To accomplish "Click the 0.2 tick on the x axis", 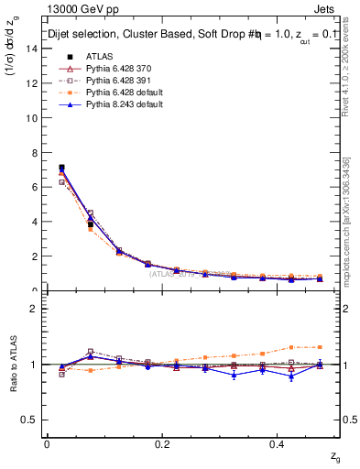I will [162, 443].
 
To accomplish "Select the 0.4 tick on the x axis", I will [278, 443].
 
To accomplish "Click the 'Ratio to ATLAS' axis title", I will [15, 364].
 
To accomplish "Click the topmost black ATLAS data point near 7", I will [61, 168].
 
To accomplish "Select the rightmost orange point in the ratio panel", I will [320, 347].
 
